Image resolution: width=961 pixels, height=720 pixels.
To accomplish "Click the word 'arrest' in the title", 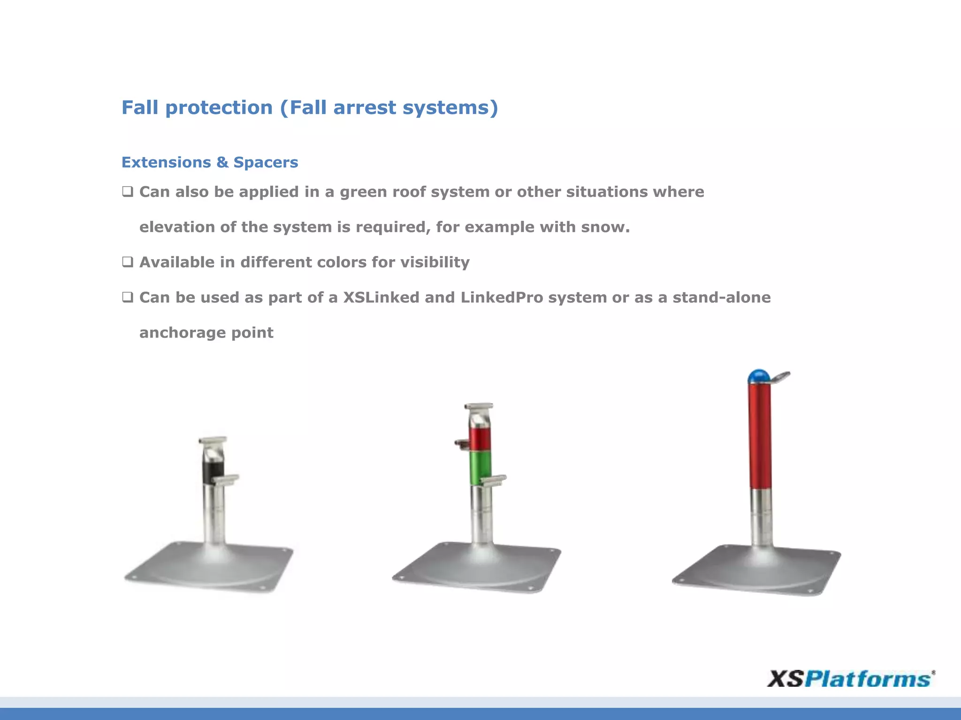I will [x=365, y=108].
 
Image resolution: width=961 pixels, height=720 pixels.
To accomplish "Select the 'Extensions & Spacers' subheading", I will [x=210, y=162].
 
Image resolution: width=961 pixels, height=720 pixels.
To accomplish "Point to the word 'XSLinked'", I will [x=381, y=297].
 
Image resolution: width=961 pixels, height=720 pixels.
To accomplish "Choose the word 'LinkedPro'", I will [x=502, y=297].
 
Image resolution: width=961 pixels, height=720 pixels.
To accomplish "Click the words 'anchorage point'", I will [x=206, y=332].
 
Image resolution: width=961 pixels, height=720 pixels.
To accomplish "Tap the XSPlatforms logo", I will [x=850, y=679].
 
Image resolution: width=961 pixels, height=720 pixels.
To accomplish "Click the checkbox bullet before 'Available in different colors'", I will [x=128, y=262].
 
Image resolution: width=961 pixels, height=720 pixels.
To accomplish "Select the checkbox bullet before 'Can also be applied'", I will [x=128, y=191].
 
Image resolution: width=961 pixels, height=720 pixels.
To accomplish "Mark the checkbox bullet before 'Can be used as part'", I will [x=128, y=297].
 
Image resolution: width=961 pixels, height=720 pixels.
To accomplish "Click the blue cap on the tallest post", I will [x=758, y=376].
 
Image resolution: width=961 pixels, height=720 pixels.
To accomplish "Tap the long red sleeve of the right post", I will [x=760, y=436].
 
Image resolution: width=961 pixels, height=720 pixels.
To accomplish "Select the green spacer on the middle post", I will [x=480, y=467].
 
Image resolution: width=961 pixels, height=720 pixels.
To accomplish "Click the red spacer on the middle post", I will [x=480, y=439].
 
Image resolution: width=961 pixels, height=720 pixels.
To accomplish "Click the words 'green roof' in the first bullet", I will [x=382, y=192].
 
